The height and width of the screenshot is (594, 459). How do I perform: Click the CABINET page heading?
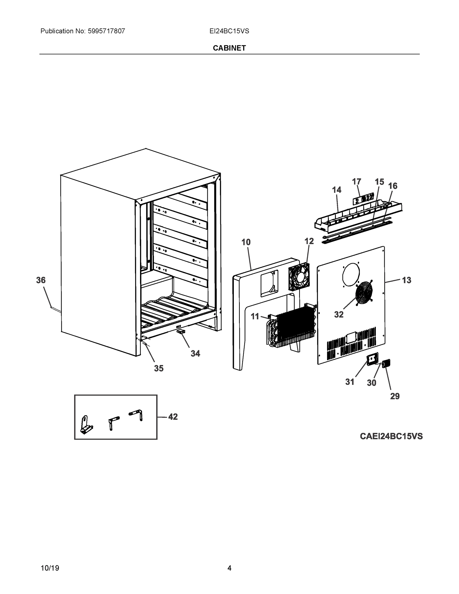coord(229,48)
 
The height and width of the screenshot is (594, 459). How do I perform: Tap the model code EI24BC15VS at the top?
coord(229,31)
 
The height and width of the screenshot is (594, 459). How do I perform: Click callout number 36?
coord(41,280)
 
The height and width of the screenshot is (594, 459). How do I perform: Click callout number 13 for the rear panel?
coord(407,280)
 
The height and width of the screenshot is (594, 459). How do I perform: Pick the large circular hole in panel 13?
coord(351,274)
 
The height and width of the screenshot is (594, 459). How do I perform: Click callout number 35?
coord(159,368)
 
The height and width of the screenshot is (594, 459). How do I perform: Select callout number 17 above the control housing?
coord(357,181)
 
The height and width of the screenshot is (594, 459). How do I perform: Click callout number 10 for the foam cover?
coord(246,242)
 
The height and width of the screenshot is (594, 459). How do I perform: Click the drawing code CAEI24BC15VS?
coord(391,436)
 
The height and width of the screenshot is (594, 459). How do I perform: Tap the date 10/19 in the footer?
coord(50,568)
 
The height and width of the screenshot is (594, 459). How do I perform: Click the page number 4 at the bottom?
coord(229,568)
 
